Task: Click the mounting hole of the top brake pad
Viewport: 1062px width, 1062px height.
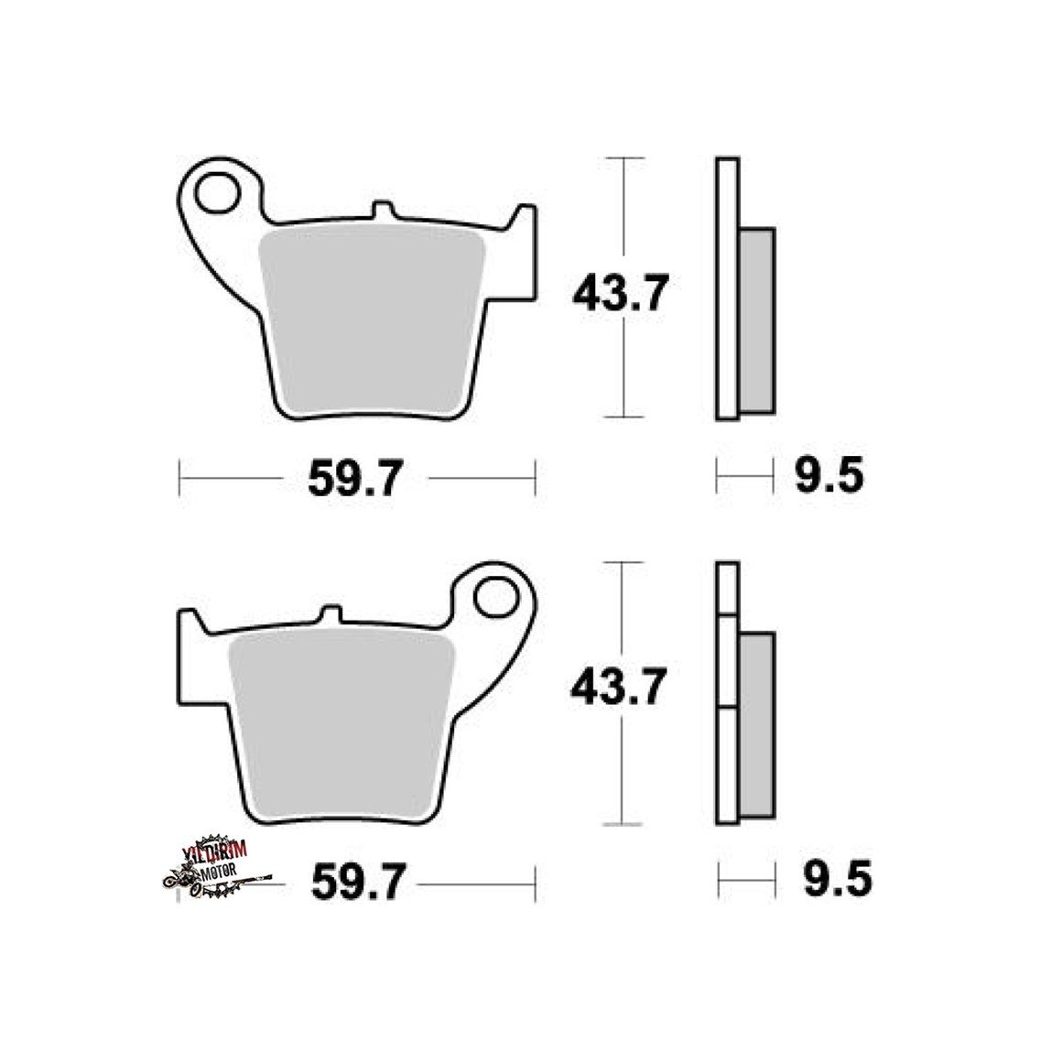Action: click(217, 193)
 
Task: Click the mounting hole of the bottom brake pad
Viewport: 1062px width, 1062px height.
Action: click(496, 597)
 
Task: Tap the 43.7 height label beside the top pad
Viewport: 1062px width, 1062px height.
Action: click(621, 293)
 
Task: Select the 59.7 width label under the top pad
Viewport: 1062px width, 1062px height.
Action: click(355, 478)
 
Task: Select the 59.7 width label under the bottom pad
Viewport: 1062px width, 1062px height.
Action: click(358, 881)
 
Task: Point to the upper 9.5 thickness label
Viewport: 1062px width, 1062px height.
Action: click(829, 475)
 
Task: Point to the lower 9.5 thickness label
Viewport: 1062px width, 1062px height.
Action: click(838, 879)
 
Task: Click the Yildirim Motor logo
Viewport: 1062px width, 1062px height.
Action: click(215, 867)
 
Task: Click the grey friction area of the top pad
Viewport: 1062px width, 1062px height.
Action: click(373, 321)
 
